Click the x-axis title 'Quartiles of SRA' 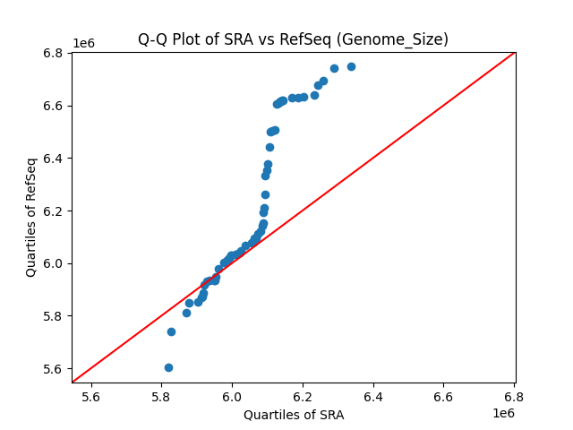click(x=294, y=415)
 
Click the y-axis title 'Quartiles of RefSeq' click(x=31, y=217)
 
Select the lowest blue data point click(x=168, y=367)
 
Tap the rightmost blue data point click(x=351, y=66)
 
